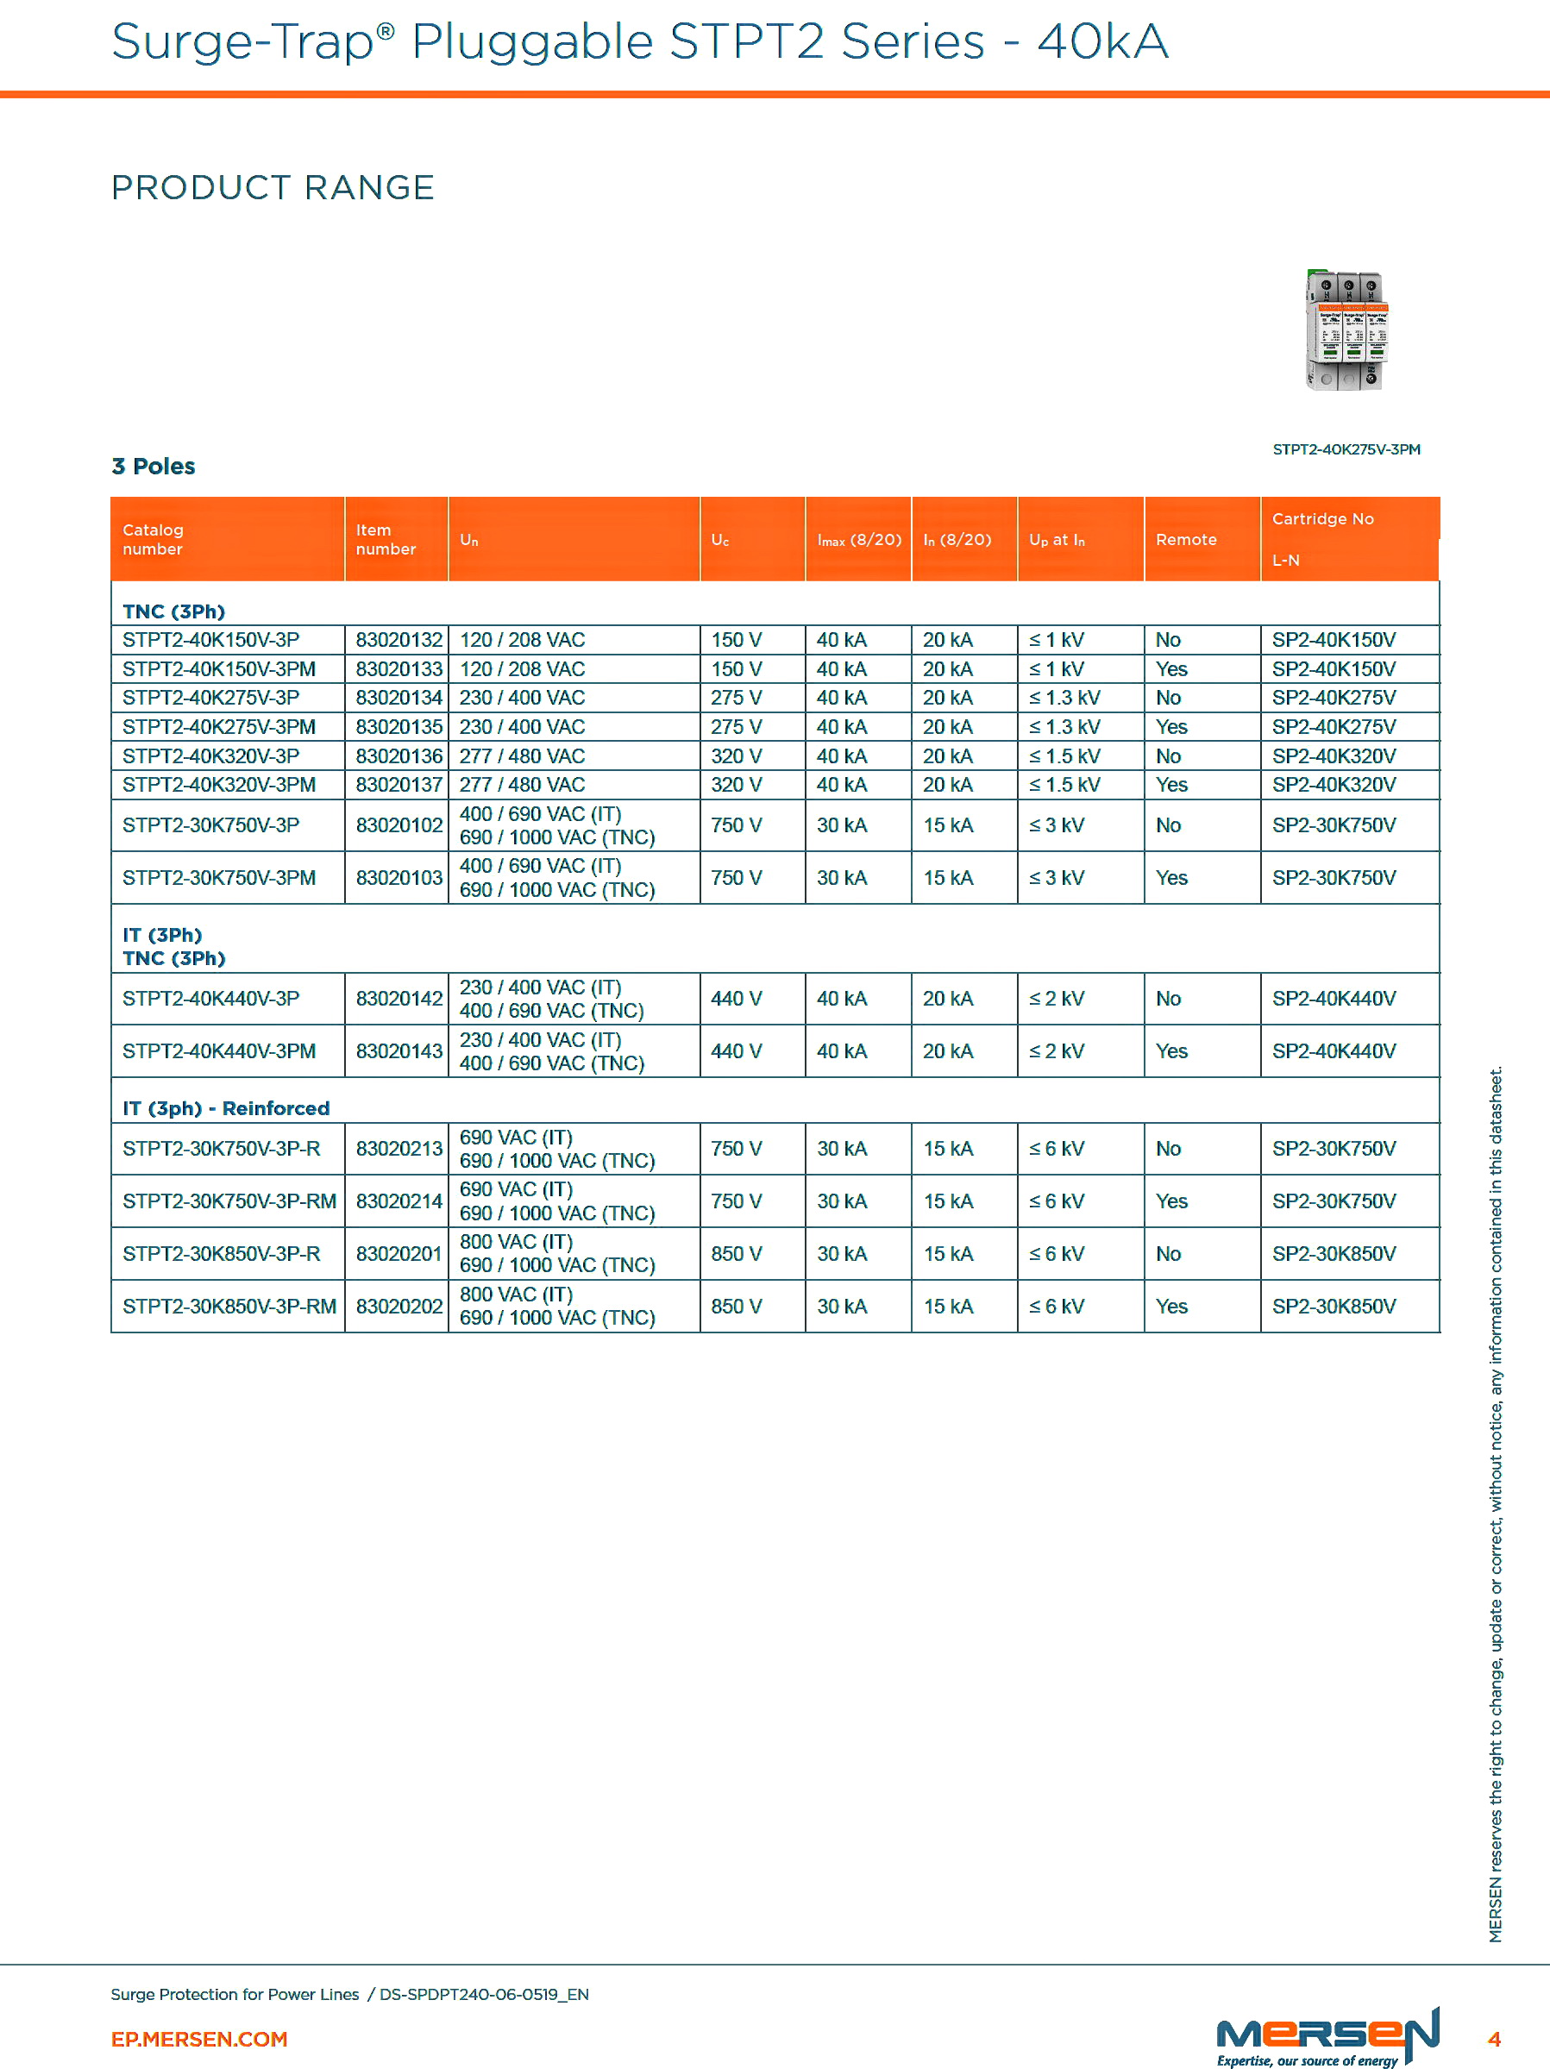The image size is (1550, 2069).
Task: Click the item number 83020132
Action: pos(398,640)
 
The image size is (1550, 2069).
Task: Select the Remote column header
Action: pos(1185,540)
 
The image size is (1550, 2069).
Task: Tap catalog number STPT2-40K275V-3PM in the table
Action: pos(219,727)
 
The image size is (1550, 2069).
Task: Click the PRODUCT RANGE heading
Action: pos(273,188)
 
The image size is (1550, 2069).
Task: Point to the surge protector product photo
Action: pos(1346,330)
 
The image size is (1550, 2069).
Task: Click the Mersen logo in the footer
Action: pos(1327,2035)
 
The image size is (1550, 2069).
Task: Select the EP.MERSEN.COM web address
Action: pos(199,2039)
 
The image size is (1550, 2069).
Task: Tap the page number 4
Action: pos(1494,2039)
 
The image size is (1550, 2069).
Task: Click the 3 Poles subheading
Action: pos(154,466)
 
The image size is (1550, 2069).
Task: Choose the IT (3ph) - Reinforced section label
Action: pos(226,1108)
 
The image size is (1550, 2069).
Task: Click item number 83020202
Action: pos(398,1307)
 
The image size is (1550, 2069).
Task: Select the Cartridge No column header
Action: pos(1322,519)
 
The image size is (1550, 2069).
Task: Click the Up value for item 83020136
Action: pos(1064,755)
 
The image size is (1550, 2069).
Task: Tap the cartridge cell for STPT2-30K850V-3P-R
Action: pos(1333,1253)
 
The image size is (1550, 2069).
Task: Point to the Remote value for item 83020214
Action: pos(1171,1201)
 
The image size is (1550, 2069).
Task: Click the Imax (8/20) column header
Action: pos(859,540)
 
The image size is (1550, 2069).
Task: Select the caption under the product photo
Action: pos(1346,450)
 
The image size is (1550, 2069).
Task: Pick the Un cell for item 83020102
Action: pos(556,826)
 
